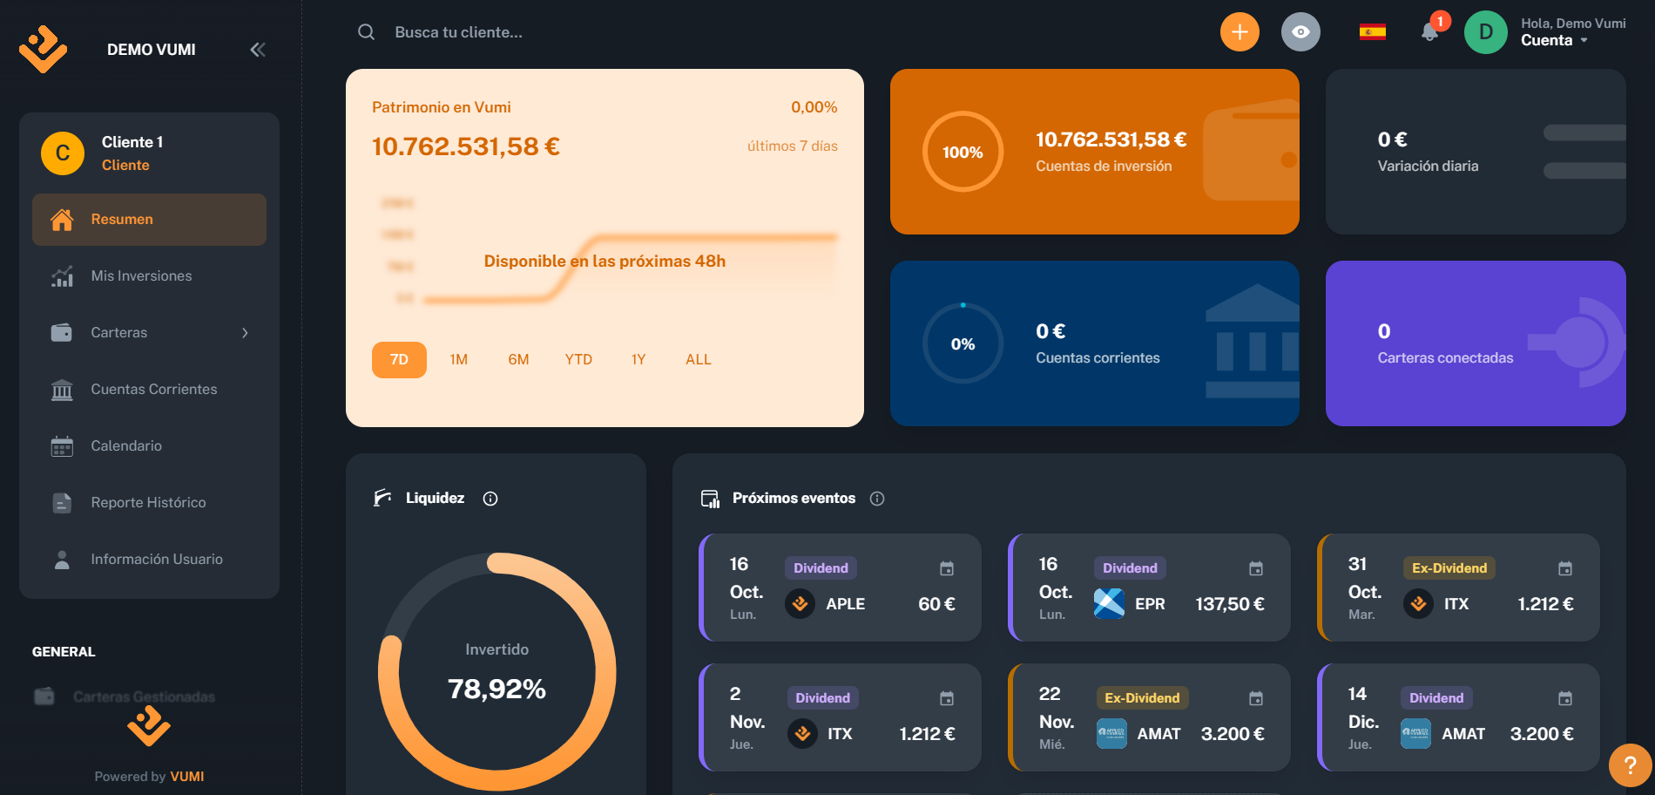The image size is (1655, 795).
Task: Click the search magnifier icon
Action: coord(366,32)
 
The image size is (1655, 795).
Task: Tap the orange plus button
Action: coord(1240,32)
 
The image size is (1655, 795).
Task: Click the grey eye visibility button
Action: coord(1300,32)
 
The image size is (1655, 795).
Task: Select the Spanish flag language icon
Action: coord(1372,32)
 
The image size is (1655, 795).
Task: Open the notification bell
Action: coord(1429,32)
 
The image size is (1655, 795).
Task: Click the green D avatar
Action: coord(1485,32)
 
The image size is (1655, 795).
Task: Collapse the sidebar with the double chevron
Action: coord(258,50)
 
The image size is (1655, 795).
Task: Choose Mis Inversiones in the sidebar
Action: coord(141,276)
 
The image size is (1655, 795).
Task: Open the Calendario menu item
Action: coord(126,446)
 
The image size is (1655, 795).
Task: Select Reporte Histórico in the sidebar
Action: coord(148,503)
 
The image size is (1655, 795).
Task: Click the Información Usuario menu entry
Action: coord(157,560)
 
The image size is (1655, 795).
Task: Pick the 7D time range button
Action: coord(399,360)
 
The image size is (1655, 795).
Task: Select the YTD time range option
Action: coord(578,360)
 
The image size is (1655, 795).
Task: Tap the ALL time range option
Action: coord(699,360)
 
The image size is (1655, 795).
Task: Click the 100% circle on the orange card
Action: coord(963,152)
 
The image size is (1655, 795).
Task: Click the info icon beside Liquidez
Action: coord(490,499)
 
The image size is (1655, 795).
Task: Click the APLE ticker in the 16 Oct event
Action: coord(845,604)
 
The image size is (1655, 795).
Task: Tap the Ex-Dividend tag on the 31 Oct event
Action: coord(1449,568)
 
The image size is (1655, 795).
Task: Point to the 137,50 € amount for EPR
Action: coord(1229,604)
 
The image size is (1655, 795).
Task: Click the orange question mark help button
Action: coord(1630,765)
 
